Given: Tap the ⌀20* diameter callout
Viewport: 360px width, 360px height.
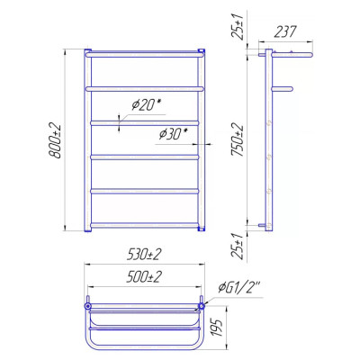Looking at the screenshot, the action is tap(147, 105).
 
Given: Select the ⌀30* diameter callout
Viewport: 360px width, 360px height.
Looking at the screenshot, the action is tap(174, 134).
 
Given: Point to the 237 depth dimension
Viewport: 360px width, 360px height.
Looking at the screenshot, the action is tap(285, 31).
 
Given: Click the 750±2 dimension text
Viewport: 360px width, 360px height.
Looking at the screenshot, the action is tap(238, 140).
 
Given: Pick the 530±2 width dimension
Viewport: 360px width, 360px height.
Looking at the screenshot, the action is tap(144, 255).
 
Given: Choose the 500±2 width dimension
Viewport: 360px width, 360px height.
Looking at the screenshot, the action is tap(144, 276).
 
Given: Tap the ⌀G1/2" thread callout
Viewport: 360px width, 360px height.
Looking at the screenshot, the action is tap(239, 288).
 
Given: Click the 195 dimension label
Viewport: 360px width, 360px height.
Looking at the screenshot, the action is tap(219, 328).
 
